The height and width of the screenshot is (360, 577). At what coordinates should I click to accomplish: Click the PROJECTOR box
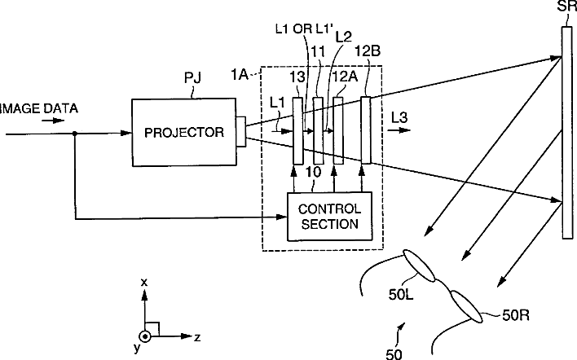click(184, 133)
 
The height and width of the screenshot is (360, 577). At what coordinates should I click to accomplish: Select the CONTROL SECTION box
click(329, 217)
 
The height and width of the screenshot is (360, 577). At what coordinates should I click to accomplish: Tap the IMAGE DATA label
click(38, 108)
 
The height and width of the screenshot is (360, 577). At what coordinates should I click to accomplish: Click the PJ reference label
click(192, 78)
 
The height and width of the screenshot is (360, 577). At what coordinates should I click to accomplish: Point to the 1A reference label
click(239, 75)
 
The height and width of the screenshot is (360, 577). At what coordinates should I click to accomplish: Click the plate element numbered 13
click(298, 130)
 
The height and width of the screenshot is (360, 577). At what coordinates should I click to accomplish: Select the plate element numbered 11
click(319, 130)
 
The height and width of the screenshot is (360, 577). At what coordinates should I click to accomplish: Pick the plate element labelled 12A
click(338, 130)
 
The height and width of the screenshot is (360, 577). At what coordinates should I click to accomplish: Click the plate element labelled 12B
click(366, 130)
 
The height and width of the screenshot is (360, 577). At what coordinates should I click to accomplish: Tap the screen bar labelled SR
click(567, 133)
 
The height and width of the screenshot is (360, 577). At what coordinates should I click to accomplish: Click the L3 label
click(399, 117)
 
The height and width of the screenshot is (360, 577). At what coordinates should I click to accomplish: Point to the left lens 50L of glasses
click(419, 266)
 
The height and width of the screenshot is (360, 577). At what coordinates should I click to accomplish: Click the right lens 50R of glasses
click(466, 307)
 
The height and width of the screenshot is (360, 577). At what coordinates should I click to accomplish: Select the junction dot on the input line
click(75, 134)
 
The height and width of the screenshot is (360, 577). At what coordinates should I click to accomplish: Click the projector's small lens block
click(241, 132)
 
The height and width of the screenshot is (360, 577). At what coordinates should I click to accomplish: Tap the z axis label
click(197, 337)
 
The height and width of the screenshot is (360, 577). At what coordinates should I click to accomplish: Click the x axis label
click(144, 283)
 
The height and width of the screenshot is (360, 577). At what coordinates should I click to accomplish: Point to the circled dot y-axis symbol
click(145, 336)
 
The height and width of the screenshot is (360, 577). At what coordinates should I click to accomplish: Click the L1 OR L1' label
click(304, 29)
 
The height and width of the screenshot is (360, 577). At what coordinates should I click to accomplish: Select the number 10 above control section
click(313, 172)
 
